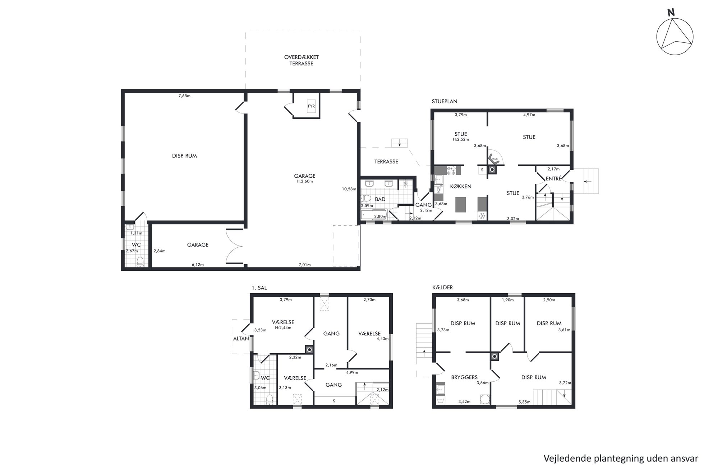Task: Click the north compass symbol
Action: (675, 37)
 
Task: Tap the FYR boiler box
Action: (311, 106)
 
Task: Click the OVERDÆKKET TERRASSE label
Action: (301, 60)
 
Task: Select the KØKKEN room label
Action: (461, 186)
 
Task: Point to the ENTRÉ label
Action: (553, 178)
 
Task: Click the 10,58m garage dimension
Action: (349, 189)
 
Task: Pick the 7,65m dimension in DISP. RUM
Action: (184, 96)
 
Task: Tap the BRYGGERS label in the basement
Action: (464, 377)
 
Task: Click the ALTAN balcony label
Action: (241, 339)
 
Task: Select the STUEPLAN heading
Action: (445, 101)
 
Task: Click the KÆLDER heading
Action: (442, 287)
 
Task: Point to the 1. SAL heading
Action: (259, 288)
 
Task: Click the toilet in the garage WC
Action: (140, 262)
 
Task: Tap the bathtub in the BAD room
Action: (374, 215)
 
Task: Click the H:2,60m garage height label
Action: (305, 181)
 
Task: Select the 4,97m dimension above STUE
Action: (529, 115)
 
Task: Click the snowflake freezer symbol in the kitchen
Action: (482, 216)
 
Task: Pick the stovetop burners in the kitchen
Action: (451, 171)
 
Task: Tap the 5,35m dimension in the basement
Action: (524, 402)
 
